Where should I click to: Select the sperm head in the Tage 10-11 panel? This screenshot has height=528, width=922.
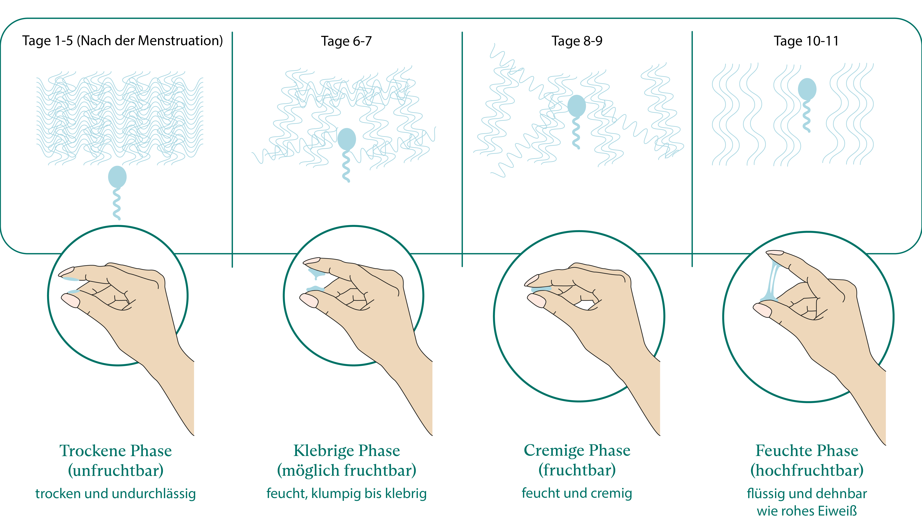(807, 89)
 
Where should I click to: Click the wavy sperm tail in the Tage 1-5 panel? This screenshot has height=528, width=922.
(116, 204)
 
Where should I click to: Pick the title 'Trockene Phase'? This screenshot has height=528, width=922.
(115, 451)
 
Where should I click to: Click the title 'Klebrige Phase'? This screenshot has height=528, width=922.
(347, 451)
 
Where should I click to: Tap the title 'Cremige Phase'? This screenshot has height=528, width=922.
(577, 451)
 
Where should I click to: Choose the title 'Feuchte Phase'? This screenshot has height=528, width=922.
(807, 451)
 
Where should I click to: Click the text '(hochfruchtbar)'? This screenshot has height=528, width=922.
(807, 471)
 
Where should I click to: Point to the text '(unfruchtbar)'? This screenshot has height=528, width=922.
(115, 471)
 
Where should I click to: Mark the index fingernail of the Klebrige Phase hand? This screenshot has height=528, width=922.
(311, 260)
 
